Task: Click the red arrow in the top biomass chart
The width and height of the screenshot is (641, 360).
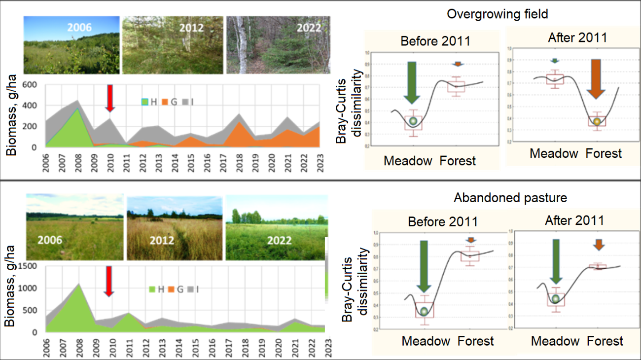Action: click(110, 97)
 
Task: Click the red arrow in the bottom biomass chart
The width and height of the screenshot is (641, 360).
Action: click(109, 281)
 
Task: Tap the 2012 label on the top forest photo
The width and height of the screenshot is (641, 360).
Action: click(191, 28)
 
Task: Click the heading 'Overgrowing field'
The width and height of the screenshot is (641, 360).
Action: click(497, 14)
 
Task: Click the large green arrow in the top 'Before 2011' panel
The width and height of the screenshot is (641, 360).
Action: click(413, 83)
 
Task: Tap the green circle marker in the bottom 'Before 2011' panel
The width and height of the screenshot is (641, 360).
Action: click(424, 311)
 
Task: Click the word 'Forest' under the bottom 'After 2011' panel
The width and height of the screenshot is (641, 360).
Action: click(605, 341)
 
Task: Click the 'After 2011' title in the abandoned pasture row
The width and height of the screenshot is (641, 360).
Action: click(574, 220)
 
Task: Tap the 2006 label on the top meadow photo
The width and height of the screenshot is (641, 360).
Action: click(79, 27)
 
